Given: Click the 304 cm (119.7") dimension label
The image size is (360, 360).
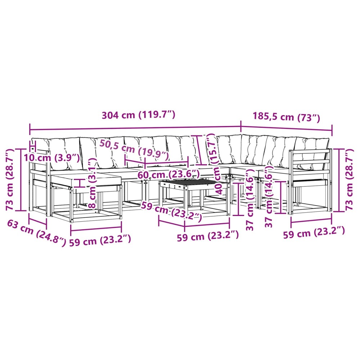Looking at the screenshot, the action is coord(139,115).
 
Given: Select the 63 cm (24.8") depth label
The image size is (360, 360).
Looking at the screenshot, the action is coord(36,233).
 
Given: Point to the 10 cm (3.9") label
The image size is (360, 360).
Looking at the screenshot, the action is coord(52,158).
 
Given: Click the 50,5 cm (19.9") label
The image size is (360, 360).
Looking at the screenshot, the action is coord(134,150).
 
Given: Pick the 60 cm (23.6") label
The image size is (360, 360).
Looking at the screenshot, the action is coord(168,175).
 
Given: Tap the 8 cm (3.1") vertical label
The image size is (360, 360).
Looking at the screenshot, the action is coord(92,183).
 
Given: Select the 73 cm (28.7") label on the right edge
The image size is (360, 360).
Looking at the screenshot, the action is coord(349,179).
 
